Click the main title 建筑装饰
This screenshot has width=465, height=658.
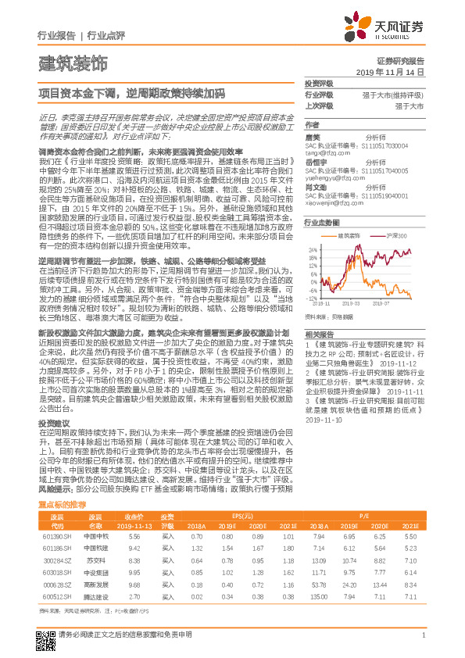pos(73,63)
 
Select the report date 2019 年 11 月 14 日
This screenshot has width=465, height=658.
pos(394,71)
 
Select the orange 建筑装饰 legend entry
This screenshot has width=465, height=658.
pos(345,234)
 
